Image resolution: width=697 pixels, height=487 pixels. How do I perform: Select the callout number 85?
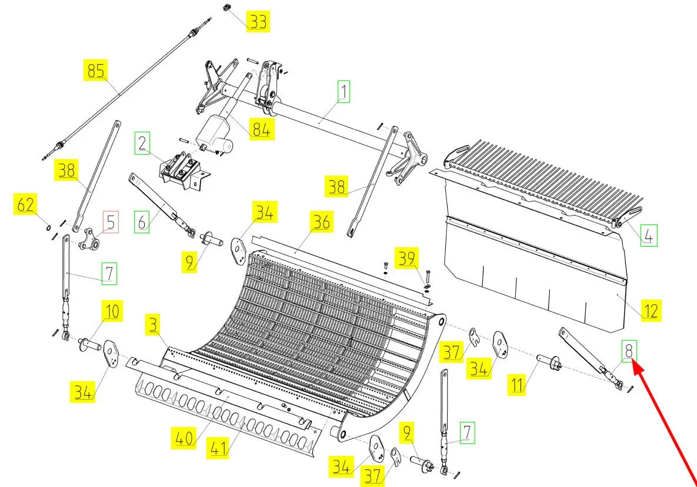[x=95, y=70]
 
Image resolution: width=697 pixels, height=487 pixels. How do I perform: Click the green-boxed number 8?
[x=629, y=351]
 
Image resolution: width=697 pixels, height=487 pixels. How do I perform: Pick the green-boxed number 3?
[x=153, y=324]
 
